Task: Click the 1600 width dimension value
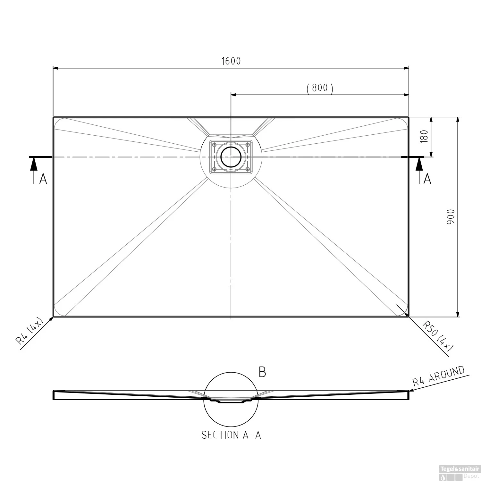click(x=231, y=61)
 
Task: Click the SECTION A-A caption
click(x=231, y=435)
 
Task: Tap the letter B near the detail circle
click(x=262, y=372)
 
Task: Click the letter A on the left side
click(x=43, y=179)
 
